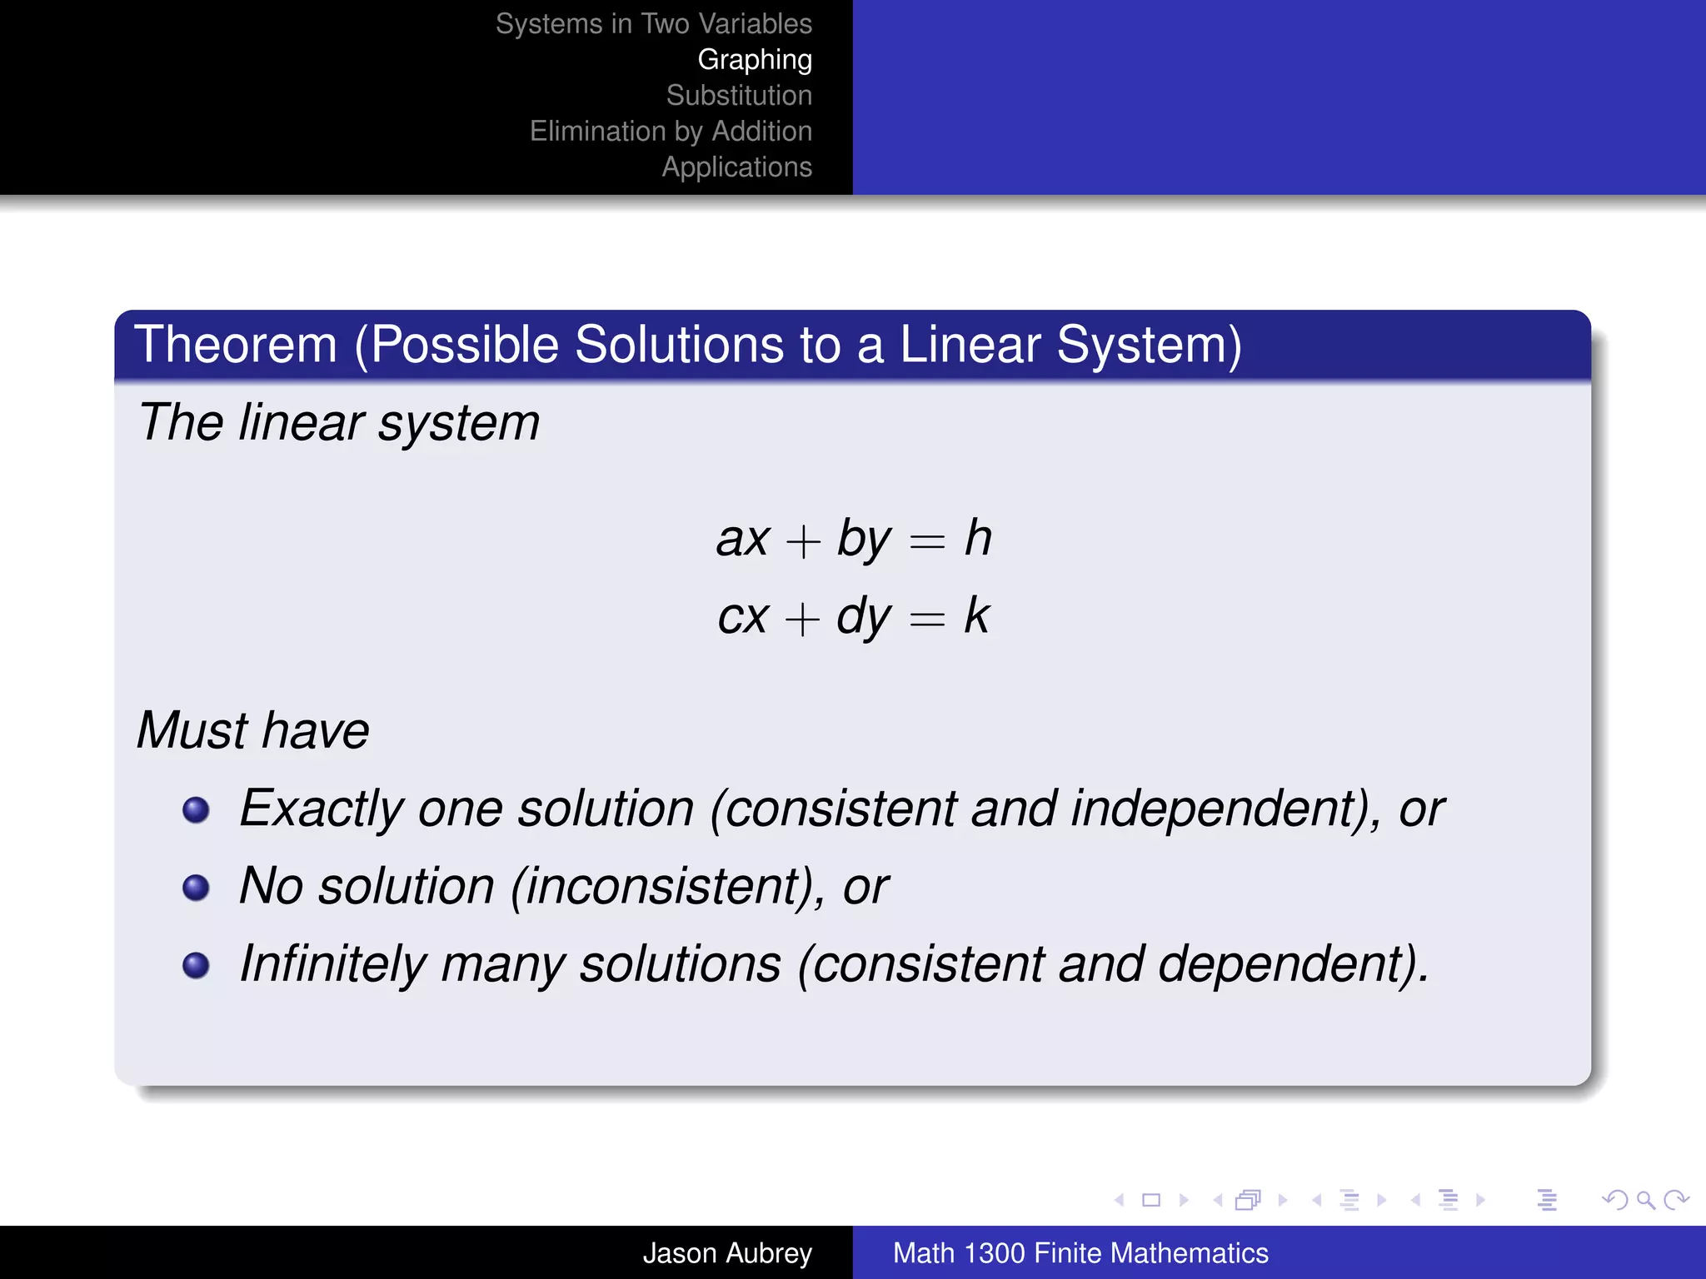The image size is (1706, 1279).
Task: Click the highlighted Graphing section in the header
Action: coord(754,60)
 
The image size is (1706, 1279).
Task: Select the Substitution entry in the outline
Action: coord(738,96)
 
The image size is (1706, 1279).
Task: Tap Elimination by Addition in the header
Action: coord(671,132)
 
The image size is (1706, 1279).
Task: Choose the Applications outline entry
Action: coord(736,167)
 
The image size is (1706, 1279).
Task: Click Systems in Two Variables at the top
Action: coord(653,24)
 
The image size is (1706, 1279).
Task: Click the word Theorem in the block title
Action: coord(236,345)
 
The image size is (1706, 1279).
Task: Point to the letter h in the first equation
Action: coord(978,538)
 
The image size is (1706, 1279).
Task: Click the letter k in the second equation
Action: coord(976,616)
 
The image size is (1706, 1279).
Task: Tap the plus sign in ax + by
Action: coord(803,542)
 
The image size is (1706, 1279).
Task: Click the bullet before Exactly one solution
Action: coord(196,809)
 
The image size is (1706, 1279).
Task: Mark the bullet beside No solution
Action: coord(196,888)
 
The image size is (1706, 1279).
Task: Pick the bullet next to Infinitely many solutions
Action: coord(196,965)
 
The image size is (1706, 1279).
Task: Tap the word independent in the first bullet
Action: coord(1216,809)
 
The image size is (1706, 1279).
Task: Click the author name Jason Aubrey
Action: coord(726,1253)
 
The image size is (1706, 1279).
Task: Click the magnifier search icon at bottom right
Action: coord(1645,1200)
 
